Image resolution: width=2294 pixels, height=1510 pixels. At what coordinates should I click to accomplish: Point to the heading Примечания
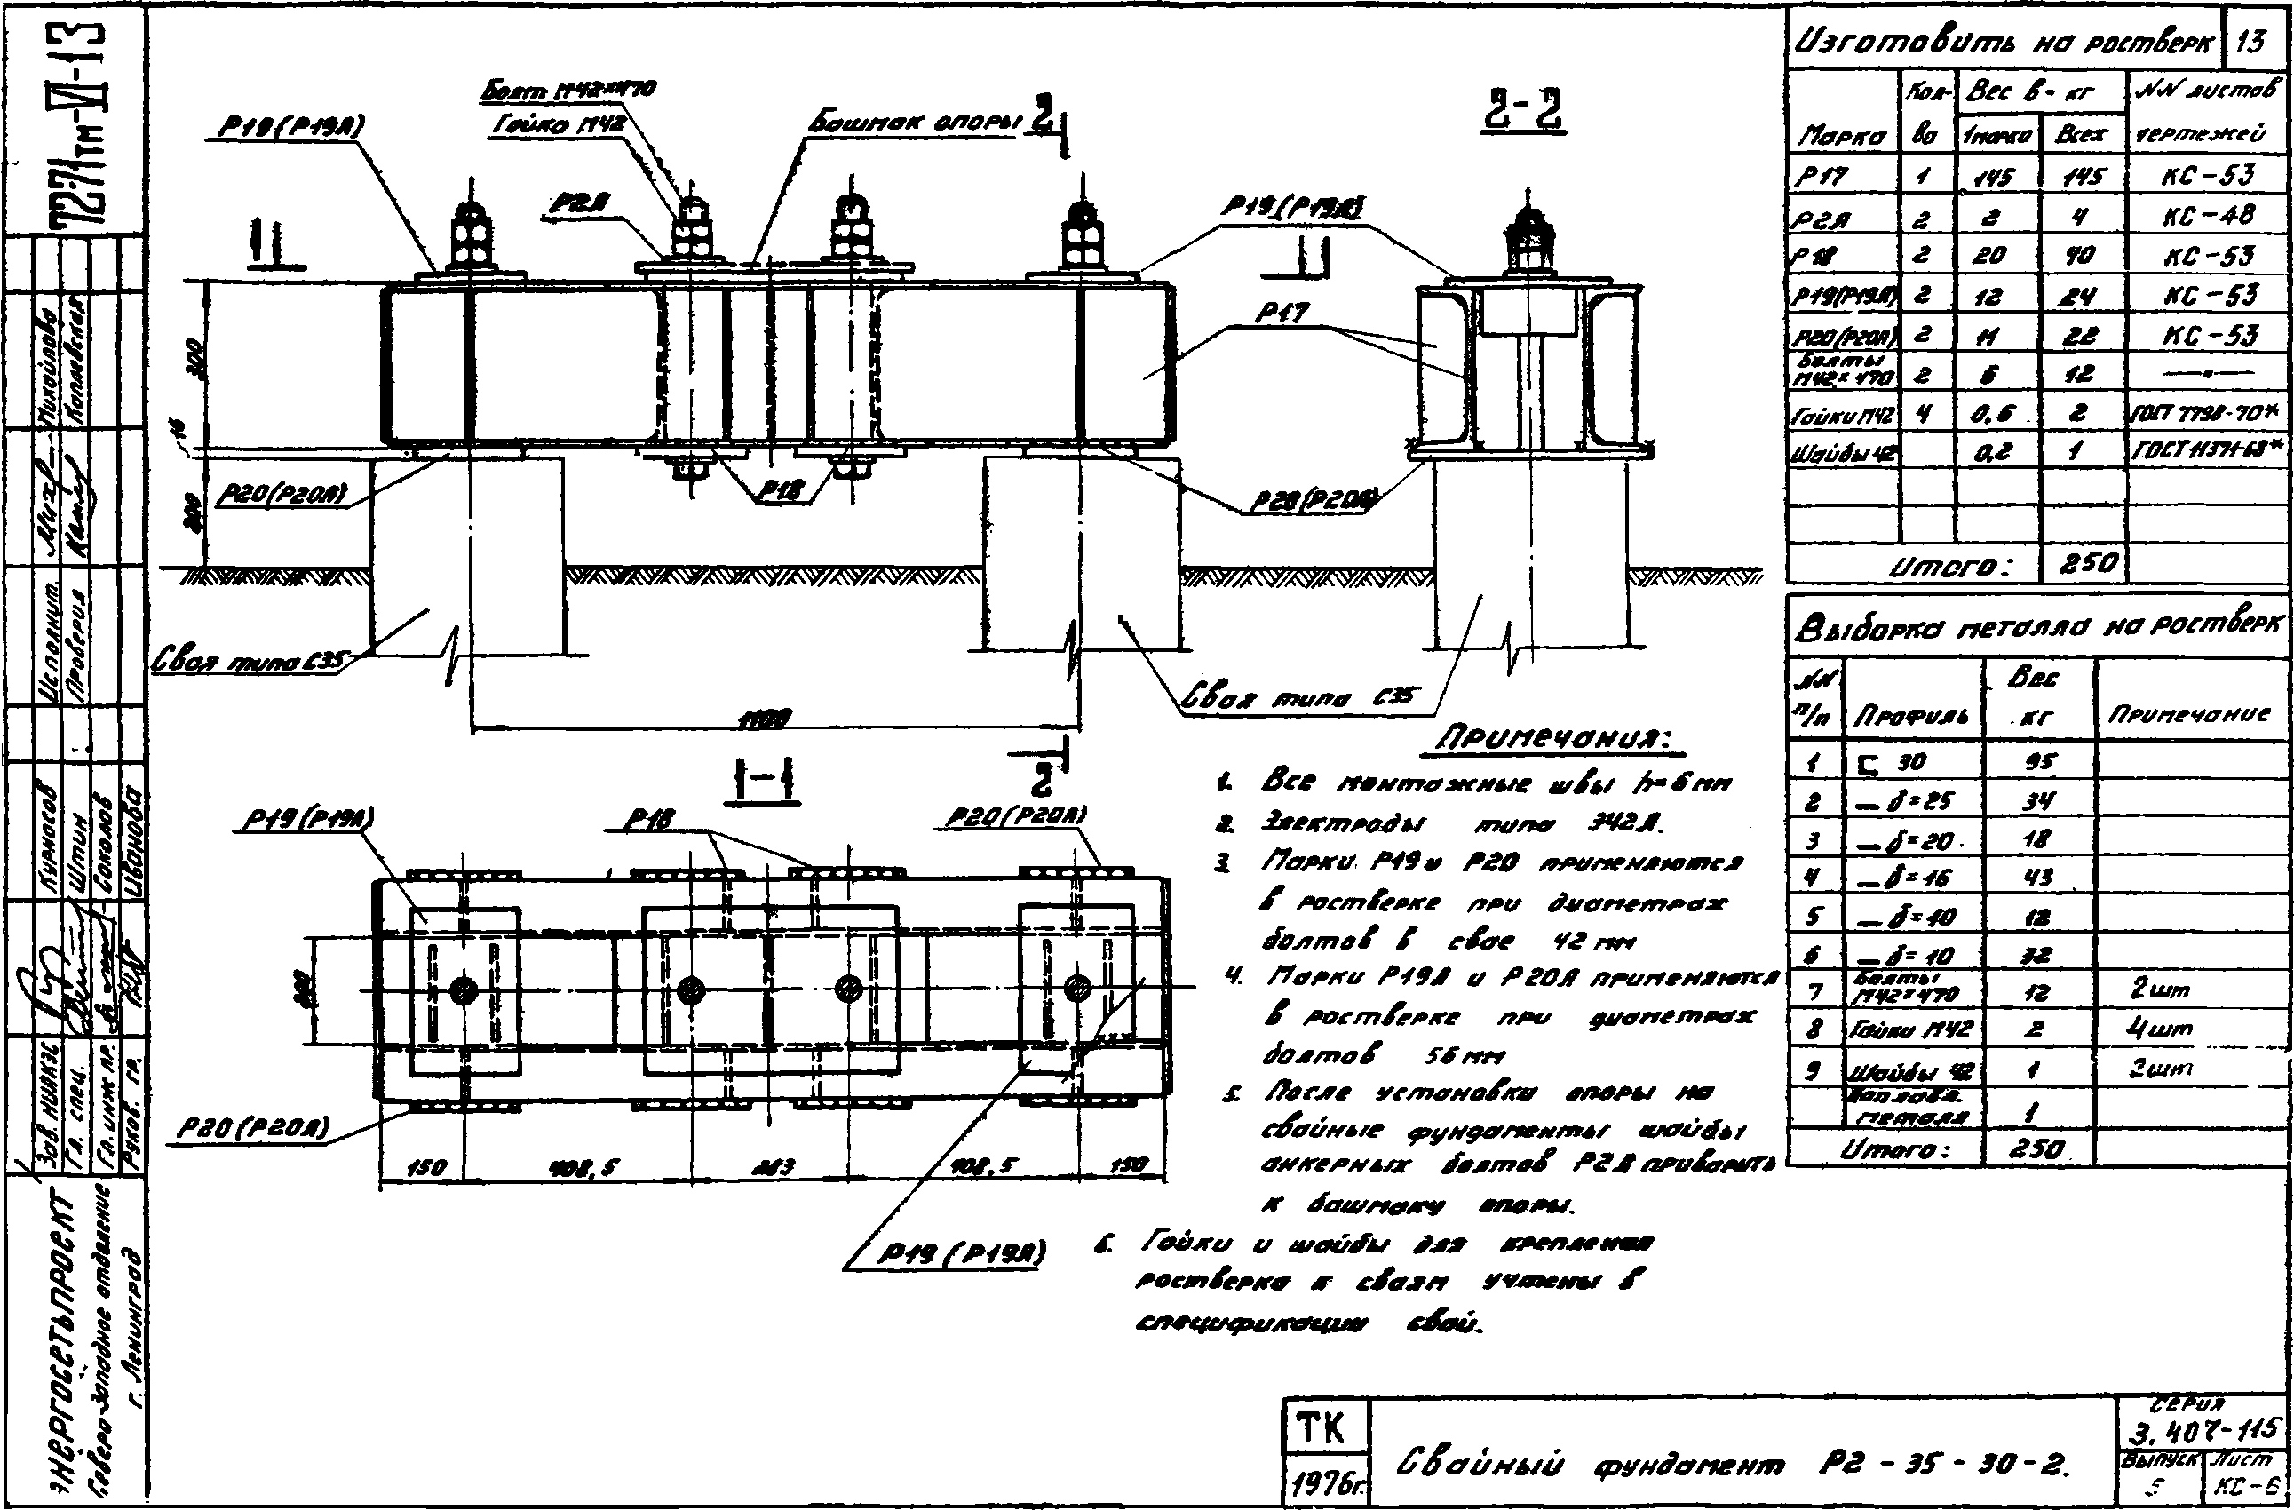1553,740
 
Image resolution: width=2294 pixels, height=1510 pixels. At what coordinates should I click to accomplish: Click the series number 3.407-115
2202,1427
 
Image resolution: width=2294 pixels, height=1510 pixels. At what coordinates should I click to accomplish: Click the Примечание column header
2190,713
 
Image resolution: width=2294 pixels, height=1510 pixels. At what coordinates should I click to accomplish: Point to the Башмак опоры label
912,124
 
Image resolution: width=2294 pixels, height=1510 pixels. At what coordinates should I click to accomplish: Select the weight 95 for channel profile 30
2038,762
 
